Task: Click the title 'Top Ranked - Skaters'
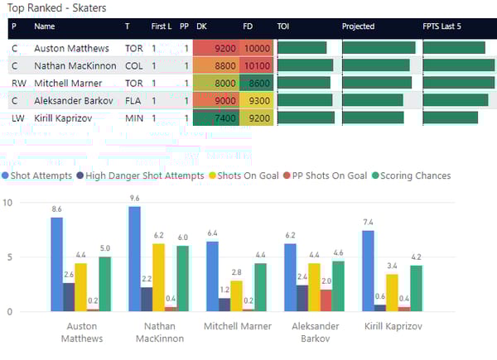pyautogui.click(x=55, y=8)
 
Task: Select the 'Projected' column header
pyautogui.click(x=358, y=26)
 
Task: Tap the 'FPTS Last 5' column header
pyautogui.click(x=442, y=26)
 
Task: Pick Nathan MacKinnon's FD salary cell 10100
pyautogui.click(x=257, y=66)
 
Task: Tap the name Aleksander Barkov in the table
pyautogui.click(x=73, y=101)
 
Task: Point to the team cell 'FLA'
pyautogui.click(x=133, y=101)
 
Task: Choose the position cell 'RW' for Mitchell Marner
pyautogui.click(x=17, y=84)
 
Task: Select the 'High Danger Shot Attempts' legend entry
pyautogui.click(x=144, y=175)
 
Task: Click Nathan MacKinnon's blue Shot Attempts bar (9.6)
pyautogui.click(x=134, y=259)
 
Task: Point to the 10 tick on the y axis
pyautogui.click(x=9, y=203)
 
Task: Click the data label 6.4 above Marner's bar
pyautogui.click(x=213, y=233)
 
